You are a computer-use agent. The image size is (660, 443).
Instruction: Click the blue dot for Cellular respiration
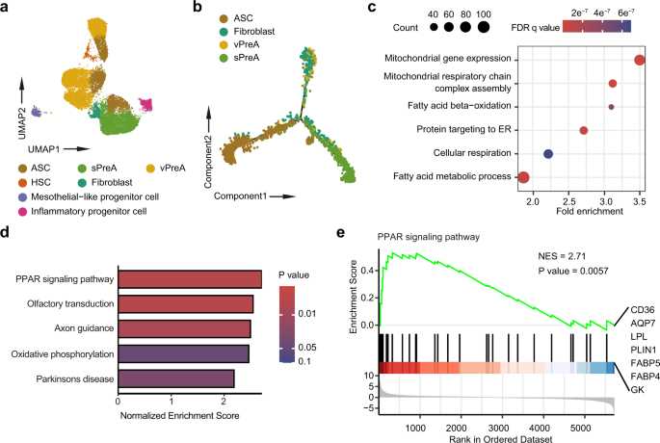(x=547, y=154)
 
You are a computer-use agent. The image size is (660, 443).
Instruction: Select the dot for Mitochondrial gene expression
(x=640, y=60)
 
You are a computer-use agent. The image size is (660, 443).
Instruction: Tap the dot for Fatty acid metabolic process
(x=523, y=177)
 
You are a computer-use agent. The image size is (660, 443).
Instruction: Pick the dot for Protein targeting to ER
(x=583, y=130)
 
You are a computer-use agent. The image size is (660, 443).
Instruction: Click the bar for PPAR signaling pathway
(x=190, y=279)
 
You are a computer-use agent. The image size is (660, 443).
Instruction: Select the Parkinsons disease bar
(x=176, y=378)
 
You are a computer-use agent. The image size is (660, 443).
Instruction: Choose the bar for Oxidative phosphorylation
(x=183, y=353)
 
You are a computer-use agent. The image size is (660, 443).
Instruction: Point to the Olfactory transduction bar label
(x=70, y=303)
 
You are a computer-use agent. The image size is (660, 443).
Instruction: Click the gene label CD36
(x=643, y=310)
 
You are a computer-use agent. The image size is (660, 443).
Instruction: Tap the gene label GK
(x=637, y=390)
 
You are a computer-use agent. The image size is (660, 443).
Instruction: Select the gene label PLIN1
(x=644, y=350)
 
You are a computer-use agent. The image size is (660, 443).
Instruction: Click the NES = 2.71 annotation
(x=562, y=256)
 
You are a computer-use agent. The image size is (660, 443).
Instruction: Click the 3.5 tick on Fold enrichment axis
(x=640, y=201)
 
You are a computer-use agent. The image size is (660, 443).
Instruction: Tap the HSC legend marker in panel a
(x=23, y=183)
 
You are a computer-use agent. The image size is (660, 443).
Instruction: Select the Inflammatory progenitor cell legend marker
(x=23, y=211)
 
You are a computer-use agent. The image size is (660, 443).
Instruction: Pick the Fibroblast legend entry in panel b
(x=248, y=32)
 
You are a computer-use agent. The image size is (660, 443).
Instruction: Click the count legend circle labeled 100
(x=484, y=27)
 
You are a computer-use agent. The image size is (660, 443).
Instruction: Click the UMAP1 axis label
(x=44, y=149)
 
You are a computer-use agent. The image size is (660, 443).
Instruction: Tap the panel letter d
(x=5, y=233)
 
